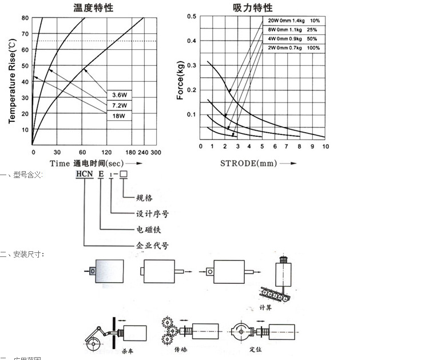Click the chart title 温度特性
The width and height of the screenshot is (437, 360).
point(93,7)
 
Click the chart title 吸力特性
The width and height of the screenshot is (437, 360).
point(252,7)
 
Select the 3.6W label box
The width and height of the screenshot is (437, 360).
point(119,95)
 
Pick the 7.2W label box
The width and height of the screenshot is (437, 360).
point(119,106)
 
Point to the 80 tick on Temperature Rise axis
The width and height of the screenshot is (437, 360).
point(25,17)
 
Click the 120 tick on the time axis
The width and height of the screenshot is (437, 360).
point(106,152)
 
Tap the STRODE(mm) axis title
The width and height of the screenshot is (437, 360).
point(248,163)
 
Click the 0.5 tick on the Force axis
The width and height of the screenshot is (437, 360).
point(192,16)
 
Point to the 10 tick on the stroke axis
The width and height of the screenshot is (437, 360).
point(325,147)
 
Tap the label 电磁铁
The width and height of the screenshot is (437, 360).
point(148,230)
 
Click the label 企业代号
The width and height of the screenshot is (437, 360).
point(152,246)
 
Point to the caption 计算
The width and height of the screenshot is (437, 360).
point(281,307)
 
